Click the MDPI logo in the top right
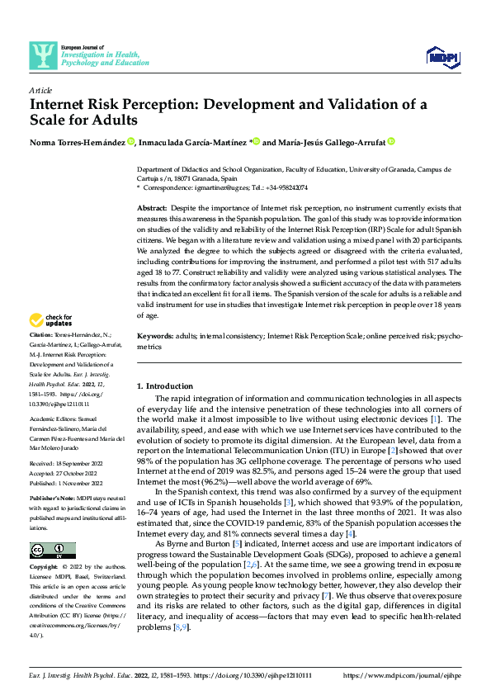[441, 55]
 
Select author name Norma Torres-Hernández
[78, 143]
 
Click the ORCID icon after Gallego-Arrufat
[391, 142]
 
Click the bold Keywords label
[154, 337]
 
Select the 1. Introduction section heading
[163, 386]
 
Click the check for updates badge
[50, 320]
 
